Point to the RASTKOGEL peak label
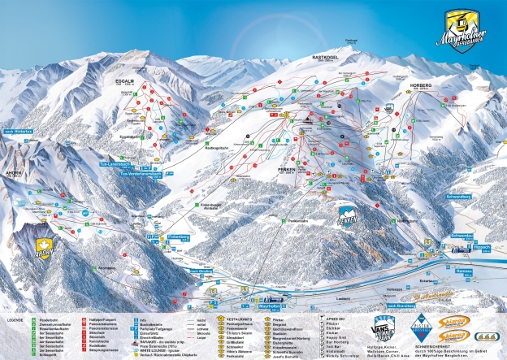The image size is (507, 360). pos(327,59)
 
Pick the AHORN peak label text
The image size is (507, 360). pos(15,182)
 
